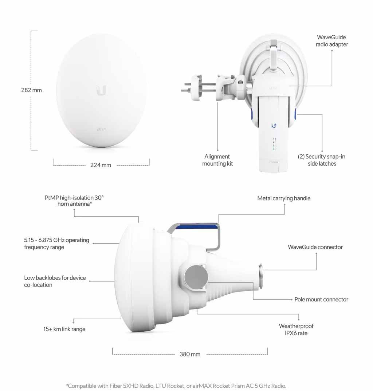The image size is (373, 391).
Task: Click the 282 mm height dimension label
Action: pyautogui.click(x=31, y=90)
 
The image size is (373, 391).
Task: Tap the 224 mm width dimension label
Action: pyautogui.click(x=101, y=165)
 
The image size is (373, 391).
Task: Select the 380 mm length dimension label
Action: pyautogui.click(x=190, y=354)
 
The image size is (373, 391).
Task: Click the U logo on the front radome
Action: pyautogui.click(x=101, y=90)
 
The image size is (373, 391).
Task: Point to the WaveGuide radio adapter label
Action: pyautogui.click(x=331, y=41)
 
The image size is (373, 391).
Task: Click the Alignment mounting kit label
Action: pyautogui.click(x=217, y=160)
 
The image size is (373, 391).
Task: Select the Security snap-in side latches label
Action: pyautogui.click(x=322, y=160)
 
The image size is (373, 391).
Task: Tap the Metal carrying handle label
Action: pyautogui.click(x=284, y=198)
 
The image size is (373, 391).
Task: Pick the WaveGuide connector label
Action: pyautogui.click(x=315, y=247)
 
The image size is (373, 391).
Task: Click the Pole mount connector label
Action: pyautogui.click(x=321, y=299)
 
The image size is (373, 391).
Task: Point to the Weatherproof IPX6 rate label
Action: pyautogui.click(x=296, y=329)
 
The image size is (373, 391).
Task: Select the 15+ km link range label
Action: pyautogui.click(x=64, y=329)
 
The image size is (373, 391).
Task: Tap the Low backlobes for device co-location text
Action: pyautogui.click(x=55, y=281)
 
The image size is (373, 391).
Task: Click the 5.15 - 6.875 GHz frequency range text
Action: pyautogui.click(x=56, y=244)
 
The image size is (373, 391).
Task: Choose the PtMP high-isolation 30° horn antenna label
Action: pyautogui.click(x=74, y=201)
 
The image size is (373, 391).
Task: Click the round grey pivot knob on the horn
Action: pyautogui.click(x=196, y=277)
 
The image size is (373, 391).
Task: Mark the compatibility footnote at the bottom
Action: pyautogui.click(x=176, y=386)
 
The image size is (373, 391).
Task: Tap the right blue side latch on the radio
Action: pyautogui.click(x=295, y=115)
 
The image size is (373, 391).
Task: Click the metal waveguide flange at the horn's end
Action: pyautogui.click(x=260, y=276)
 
